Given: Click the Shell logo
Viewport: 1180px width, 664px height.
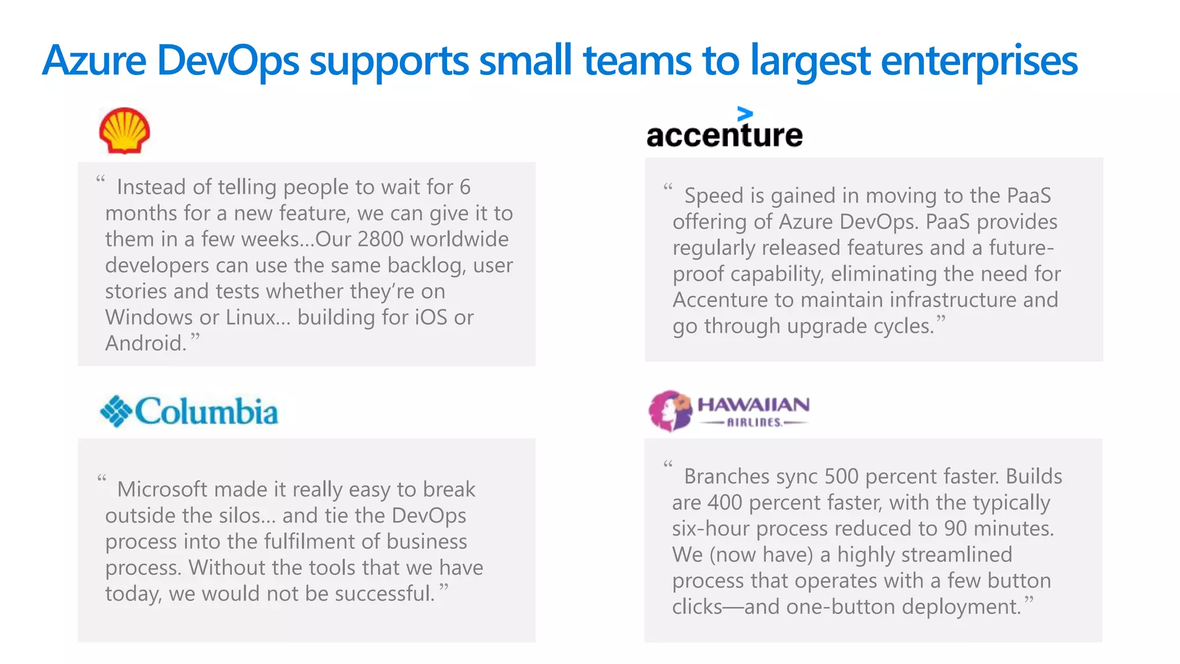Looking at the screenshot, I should (x=124, y=130).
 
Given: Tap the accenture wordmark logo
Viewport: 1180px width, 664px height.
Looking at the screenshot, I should (x=724, y=135).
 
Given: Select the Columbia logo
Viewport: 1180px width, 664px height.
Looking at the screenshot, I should (x=189, y=411).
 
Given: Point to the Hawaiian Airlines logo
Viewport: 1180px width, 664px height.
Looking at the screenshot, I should (x=729, y=411).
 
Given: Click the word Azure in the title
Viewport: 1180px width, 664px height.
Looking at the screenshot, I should (x=94, y=61).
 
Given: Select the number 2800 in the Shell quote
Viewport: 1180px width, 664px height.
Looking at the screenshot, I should (x=380, y=239).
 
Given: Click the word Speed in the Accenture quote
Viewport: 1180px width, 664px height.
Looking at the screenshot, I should (x=714, y=196).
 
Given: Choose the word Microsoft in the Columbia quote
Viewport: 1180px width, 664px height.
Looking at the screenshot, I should (x=162, y=489).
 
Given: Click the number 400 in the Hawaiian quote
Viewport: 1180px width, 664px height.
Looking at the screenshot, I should (x=725, y=503).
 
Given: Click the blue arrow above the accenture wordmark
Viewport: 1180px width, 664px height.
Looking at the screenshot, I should (x=744, y=114).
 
